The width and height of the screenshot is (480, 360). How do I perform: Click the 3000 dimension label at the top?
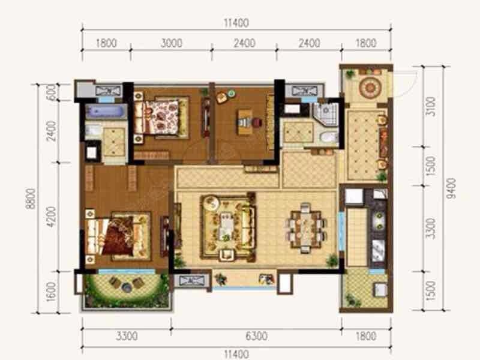[172, 43]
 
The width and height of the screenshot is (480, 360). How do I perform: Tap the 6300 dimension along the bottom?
[257, 336]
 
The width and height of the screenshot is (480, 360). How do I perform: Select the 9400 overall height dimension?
[451, 188]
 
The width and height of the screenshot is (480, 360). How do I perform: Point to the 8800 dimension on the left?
[31, 199]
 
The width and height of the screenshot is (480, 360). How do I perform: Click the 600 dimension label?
[52, 92]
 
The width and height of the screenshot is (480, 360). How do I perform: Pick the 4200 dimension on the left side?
[52, 217]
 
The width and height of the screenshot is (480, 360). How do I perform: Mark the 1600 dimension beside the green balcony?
[52, 292]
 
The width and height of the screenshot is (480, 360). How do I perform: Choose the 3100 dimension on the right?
[430, 106]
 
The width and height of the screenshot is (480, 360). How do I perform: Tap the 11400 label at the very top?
[236, 23]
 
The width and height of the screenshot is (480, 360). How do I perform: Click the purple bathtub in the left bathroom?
[106, 112]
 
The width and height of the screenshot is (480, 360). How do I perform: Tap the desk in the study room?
[245, 122]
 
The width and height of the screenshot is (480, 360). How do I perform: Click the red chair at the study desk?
[257, 122]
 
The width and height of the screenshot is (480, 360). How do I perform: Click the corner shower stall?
[326, 114]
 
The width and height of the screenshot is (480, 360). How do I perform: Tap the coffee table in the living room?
[227, 226]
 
